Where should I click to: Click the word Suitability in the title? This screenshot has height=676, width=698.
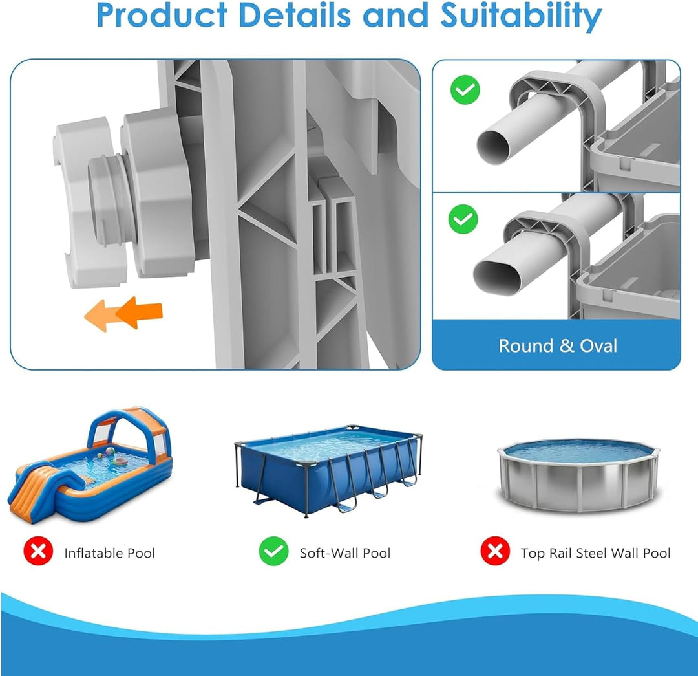(521, 16)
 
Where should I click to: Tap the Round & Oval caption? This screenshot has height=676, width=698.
(558, 346)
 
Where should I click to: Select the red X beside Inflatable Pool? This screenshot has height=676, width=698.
(38, 551)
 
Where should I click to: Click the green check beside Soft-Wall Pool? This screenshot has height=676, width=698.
(273, 551)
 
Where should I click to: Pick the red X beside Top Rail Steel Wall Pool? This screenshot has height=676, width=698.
(495, 551)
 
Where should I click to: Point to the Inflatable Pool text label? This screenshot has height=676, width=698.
(109, 553)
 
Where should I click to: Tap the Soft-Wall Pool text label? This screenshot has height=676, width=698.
(345, 553)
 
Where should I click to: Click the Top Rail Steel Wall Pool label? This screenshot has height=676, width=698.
(596, 553)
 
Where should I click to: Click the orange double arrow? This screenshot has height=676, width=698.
(123, 314)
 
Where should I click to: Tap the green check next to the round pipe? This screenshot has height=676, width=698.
(465, 89)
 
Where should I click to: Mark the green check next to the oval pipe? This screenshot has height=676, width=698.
(463, 219)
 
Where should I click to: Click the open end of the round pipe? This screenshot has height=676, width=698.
(494, 147)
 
